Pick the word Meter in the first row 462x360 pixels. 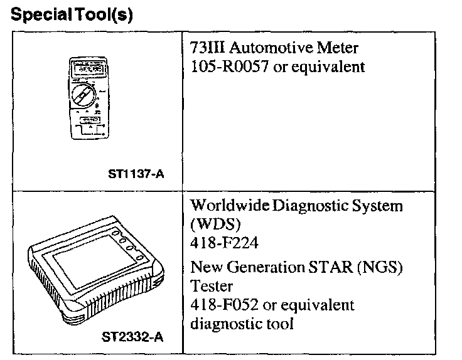340,48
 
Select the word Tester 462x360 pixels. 211,286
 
